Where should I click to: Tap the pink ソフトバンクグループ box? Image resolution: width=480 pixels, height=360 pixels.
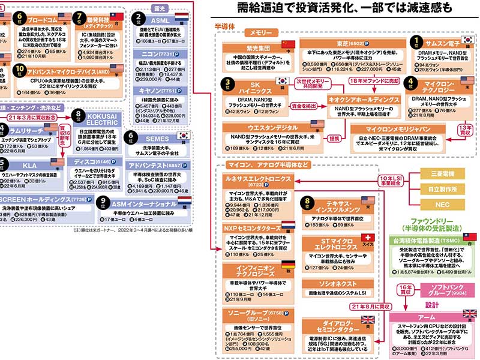(x=444, y=290)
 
